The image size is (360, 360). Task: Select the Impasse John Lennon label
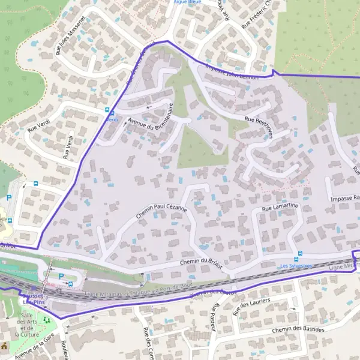click(x=231, y=72)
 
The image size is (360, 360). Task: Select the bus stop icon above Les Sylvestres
click(x=299, y=254)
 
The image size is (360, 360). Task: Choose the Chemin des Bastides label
click(x=298, y=330)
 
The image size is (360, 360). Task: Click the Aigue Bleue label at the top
click(x=186, y=2)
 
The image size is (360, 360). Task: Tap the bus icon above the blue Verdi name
click(x=108, y=111)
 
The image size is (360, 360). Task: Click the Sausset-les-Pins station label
click(x=34, y=298)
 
